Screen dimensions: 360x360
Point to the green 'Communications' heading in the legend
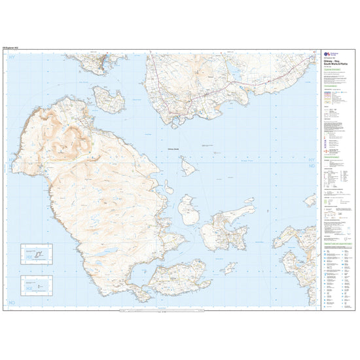point(332,158)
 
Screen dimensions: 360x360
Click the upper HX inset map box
point(38,253)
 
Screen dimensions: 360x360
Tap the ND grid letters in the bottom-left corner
point(11,302)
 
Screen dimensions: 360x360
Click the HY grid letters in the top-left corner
point(11,59)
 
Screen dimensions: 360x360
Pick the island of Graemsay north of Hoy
point(109,99)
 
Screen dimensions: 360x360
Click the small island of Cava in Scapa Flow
point(189,168)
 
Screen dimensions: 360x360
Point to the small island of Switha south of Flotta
point(228,268)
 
